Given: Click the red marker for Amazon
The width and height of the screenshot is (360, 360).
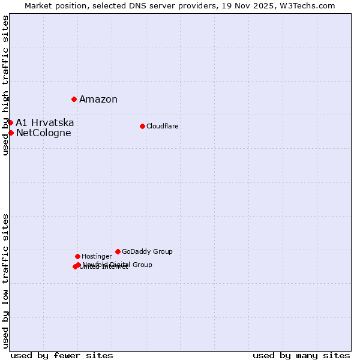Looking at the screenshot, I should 74,99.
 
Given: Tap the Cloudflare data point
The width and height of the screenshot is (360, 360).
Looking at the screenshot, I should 142,126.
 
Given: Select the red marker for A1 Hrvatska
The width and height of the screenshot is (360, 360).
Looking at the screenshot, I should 10,122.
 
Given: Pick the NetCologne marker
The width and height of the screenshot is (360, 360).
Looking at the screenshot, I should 11,133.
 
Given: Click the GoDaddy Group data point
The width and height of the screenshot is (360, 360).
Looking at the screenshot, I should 118,251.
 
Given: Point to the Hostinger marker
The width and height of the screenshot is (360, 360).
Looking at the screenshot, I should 77,256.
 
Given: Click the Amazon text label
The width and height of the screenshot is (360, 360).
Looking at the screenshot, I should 98,100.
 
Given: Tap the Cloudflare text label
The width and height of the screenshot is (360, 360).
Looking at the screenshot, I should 163,126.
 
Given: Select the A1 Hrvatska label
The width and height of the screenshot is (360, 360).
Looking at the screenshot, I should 45,122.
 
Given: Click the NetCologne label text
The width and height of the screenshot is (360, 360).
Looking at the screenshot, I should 44,133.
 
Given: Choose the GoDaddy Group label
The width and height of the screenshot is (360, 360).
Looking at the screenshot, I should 147,251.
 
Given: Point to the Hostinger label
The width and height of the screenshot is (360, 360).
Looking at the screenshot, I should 97,256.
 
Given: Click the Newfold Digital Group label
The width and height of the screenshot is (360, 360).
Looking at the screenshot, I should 118,265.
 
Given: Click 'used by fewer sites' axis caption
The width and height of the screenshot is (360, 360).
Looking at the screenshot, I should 62,355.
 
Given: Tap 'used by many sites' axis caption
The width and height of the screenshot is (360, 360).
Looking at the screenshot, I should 301,355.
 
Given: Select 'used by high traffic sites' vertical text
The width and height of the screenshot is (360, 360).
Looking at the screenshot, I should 6,86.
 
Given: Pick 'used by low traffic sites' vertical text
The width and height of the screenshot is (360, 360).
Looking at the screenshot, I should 6,280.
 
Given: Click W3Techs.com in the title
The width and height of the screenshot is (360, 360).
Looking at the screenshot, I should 307,5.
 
